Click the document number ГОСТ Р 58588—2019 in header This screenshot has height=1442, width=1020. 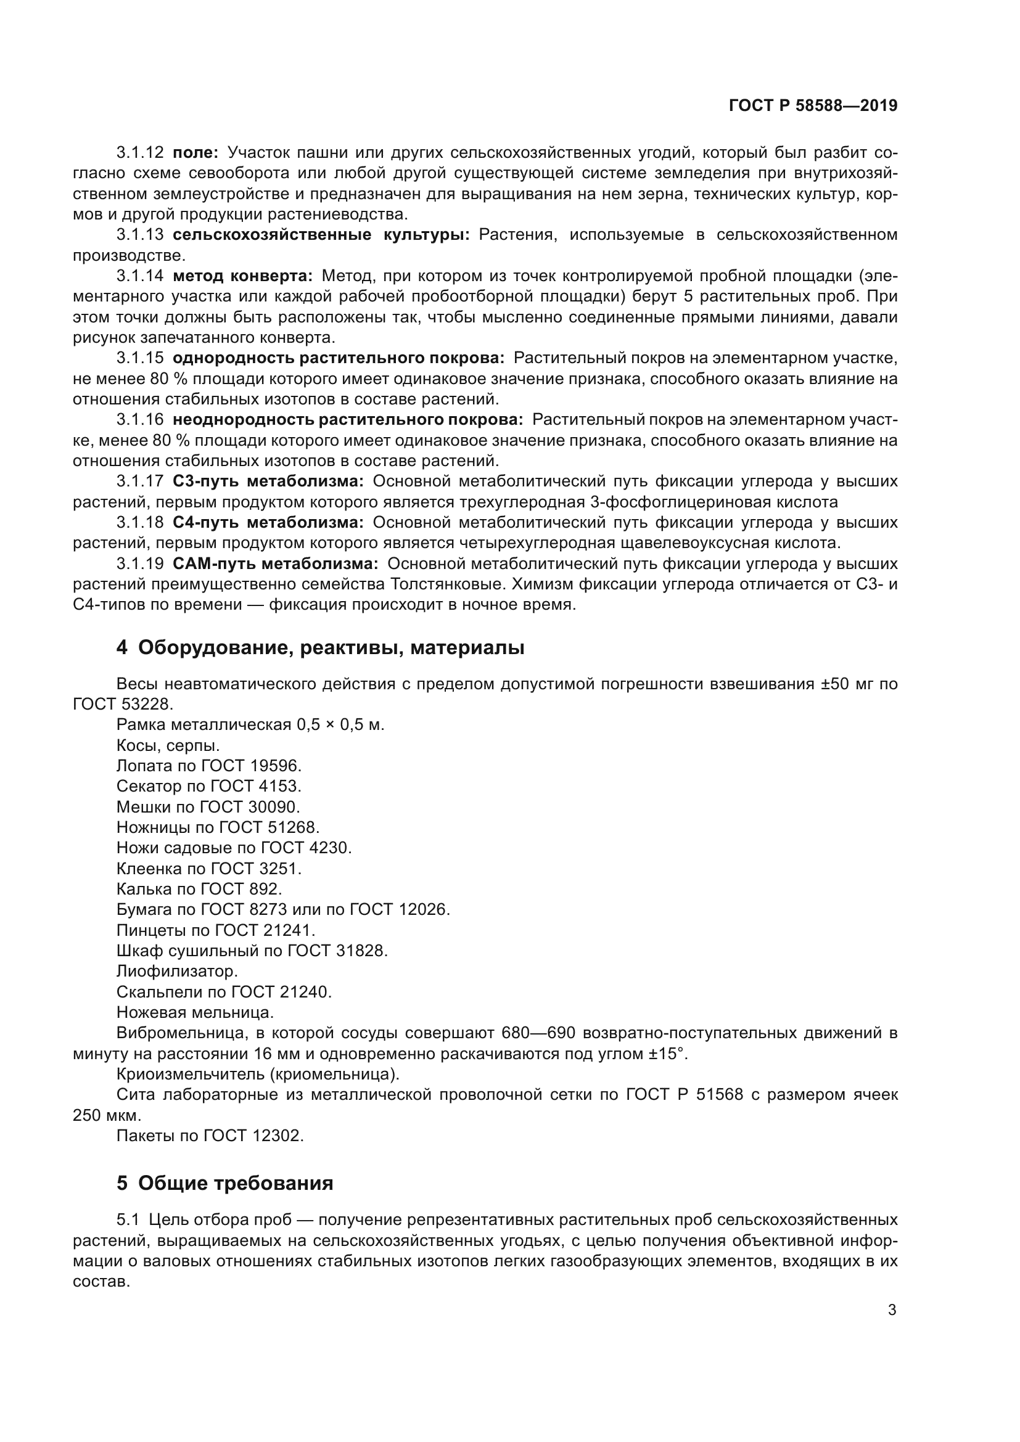pyautogui.click(x=813, y=105)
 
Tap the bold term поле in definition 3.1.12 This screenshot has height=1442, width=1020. pyautogui.click(x=195, y=153)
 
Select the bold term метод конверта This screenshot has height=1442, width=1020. pyautogui.click(x=242, y=276)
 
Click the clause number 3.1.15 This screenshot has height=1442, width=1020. pyautogui.click(x=139, y=358)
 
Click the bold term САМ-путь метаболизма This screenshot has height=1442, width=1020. pyautogui.click(x=275, y=563)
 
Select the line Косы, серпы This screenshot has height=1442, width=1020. pyautogui.click(x=168, y=745)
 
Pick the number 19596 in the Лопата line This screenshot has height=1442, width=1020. pyautogui.click(x=276, y=766)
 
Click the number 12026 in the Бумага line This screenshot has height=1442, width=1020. pyautogui.click(x=424, y=909)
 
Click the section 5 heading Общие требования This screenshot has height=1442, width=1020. pyautogui.click(x=236, y=1183)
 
